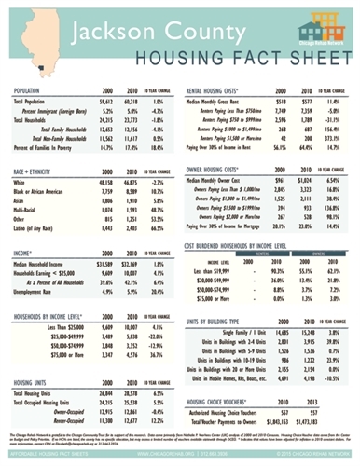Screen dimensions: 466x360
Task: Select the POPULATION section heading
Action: (33, 90)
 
